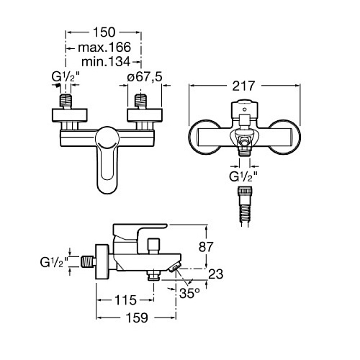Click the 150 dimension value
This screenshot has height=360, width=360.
click(104, 32)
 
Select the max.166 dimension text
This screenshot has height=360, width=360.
click(104, 48)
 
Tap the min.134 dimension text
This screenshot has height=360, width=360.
click(106, 62)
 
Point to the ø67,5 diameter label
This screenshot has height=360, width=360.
click(145, 77)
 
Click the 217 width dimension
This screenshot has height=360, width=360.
click(243, 86)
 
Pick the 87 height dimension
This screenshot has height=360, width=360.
click(206, 247)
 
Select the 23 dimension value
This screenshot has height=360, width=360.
click(216, 274)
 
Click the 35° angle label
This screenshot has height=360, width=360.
click(189, 293)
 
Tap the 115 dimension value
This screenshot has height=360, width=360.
click(125, 300)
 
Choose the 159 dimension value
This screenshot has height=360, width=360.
click(137, 318)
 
